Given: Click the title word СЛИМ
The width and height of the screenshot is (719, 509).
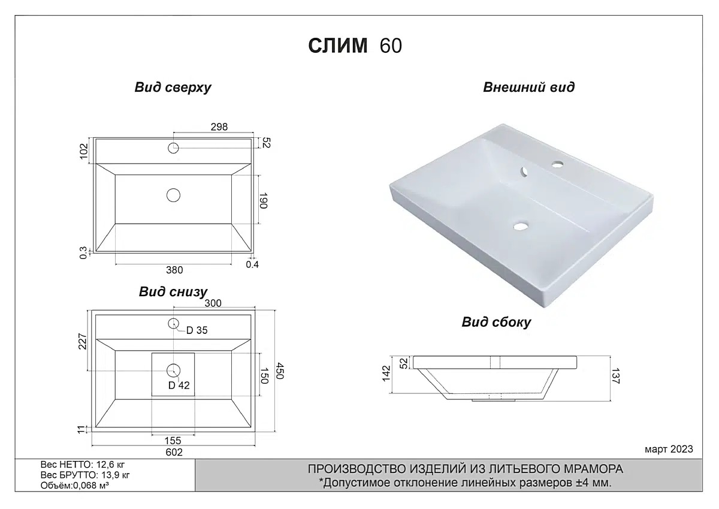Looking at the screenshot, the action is [338, 46].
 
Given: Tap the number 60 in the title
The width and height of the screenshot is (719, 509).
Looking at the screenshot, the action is [391, 46].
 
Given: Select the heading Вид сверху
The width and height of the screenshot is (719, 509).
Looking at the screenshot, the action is [173, 88].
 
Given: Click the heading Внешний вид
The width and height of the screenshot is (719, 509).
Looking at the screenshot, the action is [528, 88].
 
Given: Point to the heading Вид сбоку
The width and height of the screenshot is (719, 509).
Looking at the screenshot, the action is [496, 322].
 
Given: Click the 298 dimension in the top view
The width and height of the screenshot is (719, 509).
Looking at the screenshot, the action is [219, 127].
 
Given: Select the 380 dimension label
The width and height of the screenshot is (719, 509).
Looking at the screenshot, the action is [174, 270].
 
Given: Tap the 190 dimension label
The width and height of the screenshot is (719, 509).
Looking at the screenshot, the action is [263, 201].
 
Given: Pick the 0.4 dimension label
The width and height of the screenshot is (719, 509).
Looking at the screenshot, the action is [252, 264].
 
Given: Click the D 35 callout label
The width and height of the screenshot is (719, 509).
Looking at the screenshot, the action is [197, 330].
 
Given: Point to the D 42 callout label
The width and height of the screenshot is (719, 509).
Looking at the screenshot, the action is [179, 385].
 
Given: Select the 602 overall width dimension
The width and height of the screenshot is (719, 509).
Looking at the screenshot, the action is [174, 452].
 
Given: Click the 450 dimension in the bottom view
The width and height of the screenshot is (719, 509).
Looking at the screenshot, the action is [280, 371].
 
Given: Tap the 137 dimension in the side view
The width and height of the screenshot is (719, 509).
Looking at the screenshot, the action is [616, 376].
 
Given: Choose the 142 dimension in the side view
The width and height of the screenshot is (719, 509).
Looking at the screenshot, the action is [386, 374].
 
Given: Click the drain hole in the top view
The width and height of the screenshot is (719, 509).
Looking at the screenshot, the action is [173, 195].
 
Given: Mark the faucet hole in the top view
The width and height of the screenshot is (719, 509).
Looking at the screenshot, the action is [173, 148].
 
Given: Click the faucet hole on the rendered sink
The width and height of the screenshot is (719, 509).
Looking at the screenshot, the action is [558, 164].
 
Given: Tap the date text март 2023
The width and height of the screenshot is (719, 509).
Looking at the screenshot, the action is [669, 449].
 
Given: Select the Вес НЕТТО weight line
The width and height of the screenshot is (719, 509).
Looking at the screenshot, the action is [83, 465].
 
